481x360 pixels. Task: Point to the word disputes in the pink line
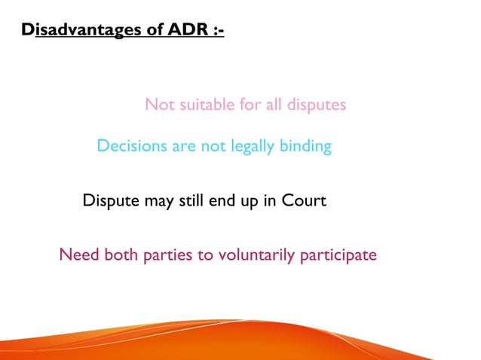[316, 105]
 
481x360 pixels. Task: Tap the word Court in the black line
[305, 201]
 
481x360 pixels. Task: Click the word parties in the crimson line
[169, 256]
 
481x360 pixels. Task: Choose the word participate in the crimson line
[338, 256]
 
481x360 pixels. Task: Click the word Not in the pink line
[158, 105]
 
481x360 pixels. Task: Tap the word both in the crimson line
[123, 255]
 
